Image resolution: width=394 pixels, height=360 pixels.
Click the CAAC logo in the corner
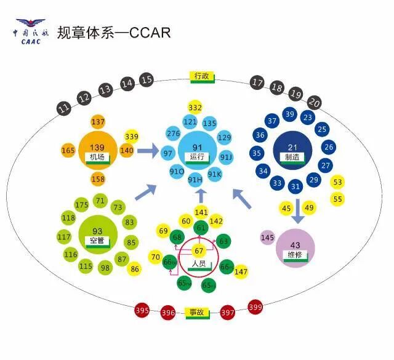point(30,31)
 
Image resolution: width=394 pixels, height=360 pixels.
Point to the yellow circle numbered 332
point(195,108)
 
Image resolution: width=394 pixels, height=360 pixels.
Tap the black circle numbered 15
point(146,79)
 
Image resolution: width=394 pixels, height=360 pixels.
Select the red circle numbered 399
point(255,306)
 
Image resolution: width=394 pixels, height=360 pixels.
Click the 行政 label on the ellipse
point(202,77)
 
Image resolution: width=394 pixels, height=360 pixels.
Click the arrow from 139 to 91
point(148,150)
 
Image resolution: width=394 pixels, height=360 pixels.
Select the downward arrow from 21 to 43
point(297,212)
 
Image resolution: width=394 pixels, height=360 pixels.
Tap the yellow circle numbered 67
point(199,250)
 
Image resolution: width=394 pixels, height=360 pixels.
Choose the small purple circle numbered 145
point(267,238)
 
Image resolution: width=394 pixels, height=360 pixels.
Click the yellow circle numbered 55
point(337,199)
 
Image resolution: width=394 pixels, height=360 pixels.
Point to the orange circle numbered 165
point(68,150)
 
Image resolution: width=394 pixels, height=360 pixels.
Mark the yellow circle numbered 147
point(241,271)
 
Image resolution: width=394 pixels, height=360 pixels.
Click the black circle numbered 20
point(315,102)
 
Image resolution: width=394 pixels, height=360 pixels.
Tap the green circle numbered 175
point(81,204)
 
